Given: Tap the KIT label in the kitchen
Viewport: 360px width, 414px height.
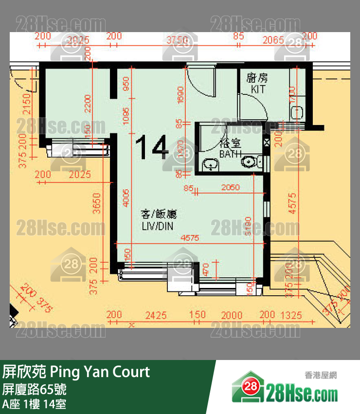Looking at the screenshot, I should [x=258, y=89].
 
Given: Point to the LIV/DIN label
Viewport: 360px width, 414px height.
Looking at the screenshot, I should [x=157, y=226].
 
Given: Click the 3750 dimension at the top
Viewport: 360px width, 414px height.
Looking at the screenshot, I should [x=177, y=40].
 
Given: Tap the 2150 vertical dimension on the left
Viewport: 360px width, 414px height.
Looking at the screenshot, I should [x=26, y=103].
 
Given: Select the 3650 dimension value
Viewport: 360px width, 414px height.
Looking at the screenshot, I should [x=97, y=205].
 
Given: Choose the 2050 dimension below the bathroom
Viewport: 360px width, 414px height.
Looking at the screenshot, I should [x=230, y=187].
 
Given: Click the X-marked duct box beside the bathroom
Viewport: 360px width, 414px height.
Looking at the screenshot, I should [x=266, y=144].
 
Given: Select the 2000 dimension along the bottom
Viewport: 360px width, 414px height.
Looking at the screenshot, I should [x=232, y=316].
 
